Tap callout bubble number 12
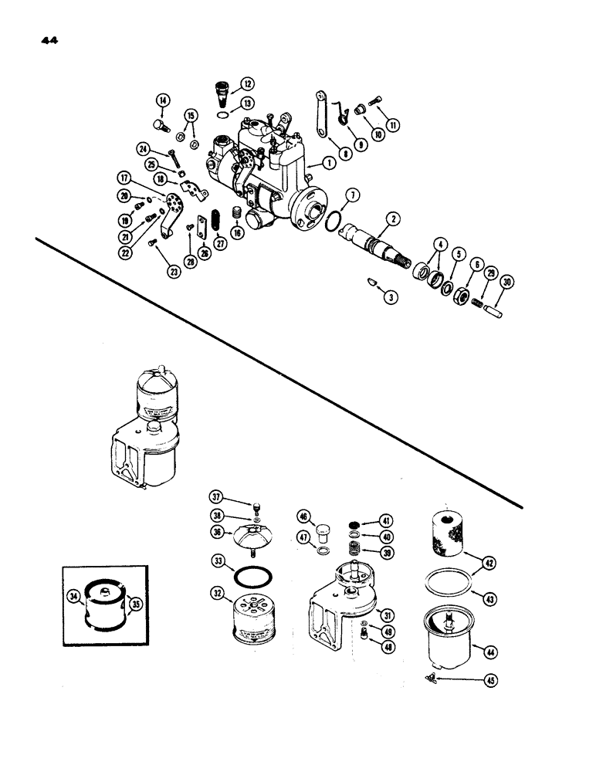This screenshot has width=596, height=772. point(247,83)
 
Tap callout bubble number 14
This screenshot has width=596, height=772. point(163,100)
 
